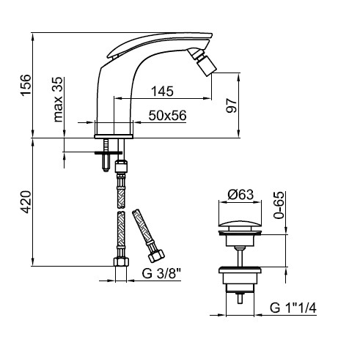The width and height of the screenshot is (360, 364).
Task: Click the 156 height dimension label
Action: [x=26, y=85]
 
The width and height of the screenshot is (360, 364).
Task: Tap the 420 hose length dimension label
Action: [x=26, y=202]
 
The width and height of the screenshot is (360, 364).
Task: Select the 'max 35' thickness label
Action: [x=58, y=100]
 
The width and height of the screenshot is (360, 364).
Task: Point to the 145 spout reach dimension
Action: [x=162, y=92]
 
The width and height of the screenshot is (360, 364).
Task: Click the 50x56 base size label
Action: [x=167, y=115]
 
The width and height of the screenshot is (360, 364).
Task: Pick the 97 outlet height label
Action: [x=232, y=105]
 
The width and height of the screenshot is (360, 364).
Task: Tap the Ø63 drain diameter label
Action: [x=240, y=195]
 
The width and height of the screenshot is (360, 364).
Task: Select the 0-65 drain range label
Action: [x=279, y=205]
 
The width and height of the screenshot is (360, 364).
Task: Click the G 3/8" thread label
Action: [x=161, y=274]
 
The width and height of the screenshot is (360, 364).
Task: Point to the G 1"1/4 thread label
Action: [x=293, y=308]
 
